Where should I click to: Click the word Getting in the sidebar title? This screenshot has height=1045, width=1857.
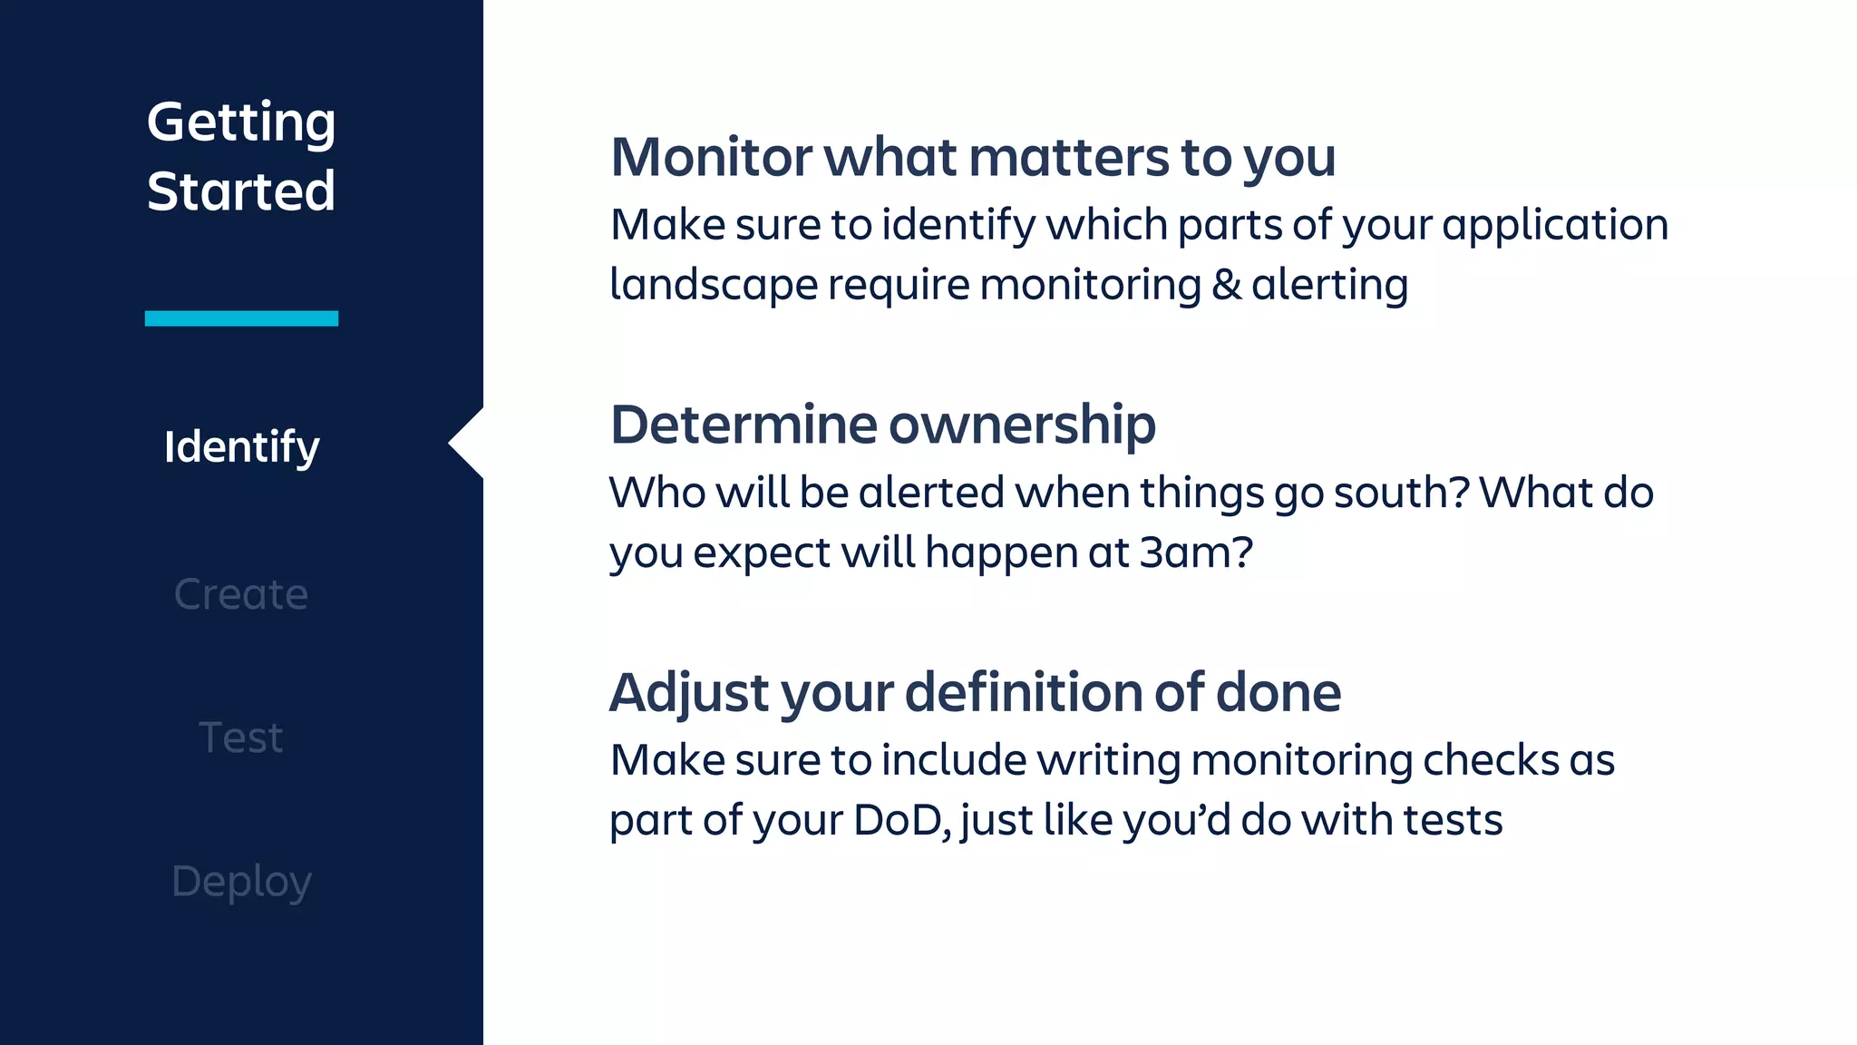[241, 123]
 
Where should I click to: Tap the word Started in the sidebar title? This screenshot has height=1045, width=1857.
[241, 191]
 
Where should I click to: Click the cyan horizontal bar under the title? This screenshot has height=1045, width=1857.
[241, 318]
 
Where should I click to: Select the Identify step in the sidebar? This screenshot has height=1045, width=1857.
[241, 447]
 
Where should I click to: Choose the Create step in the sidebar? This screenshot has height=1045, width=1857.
[241, 594]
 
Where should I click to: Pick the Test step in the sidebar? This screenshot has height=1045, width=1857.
[241, 737]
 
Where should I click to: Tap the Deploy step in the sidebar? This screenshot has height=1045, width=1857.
[241, 882]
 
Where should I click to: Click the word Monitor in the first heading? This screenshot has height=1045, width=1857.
[711, 158]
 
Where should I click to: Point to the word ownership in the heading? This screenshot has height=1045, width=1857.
[1022, 425]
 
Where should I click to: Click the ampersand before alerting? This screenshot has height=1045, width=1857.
[1226, 285]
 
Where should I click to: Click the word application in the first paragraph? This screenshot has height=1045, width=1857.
[1554, 225]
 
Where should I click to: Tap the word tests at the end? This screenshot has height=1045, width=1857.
[1453, 820]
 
